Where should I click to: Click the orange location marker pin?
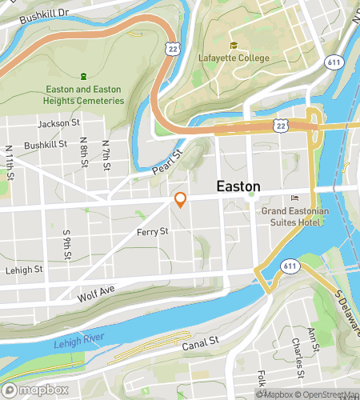[x=181, y=200]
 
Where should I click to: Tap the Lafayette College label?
[x=234, y=58]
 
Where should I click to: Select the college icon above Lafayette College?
[x=234, y=45]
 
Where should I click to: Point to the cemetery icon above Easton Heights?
[x=83, y=76]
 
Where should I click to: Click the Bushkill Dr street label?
[x=46, y=14]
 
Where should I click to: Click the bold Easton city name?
[x=239, y=186]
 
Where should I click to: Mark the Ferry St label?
[x=151, y=231]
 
